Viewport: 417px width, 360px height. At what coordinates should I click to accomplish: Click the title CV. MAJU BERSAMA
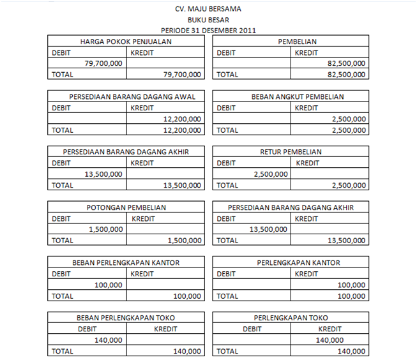208,9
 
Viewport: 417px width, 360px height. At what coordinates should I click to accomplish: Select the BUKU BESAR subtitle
208,20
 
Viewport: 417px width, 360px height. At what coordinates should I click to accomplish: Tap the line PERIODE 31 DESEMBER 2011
208,31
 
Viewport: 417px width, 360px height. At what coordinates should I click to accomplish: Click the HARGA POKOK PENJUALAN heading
126,41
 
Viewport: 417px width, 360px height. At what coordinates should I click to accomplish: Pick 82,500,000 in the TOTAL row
346,75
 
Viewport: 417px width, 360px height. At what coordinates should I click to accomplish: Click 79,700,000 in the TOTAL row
183,75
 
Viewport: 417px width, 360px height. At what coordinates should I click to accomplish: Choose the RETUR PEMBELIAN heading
291,152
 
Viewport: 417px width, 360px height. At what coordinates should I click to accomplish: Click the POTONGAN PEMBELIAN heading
126,207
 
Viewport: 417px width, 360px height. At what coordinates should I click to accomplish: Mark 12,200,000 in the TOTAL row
183,130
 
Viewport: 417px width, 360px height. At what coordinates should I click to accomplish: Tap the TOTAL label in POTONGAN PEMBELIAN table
63,241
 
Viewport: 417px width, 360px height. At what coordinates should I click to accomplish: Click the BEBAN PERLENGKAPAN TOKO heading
126,318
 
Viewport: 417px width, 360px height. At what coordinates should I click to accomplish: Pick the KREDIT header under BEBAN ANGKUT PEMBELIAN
307,108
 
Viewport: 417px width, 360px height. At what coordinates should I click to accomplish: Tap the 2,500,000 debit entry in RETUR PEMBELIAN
271,174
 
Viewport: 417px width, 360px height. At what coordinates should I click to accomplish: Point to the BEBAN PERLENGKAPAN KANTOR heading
126,262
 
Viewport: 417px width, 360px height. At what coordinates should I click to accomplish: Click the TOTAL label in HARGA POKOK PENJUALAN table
63,75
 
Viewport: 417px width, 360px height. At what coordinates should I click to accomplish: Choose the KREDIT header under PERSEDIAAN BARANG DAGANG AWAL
142,108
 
